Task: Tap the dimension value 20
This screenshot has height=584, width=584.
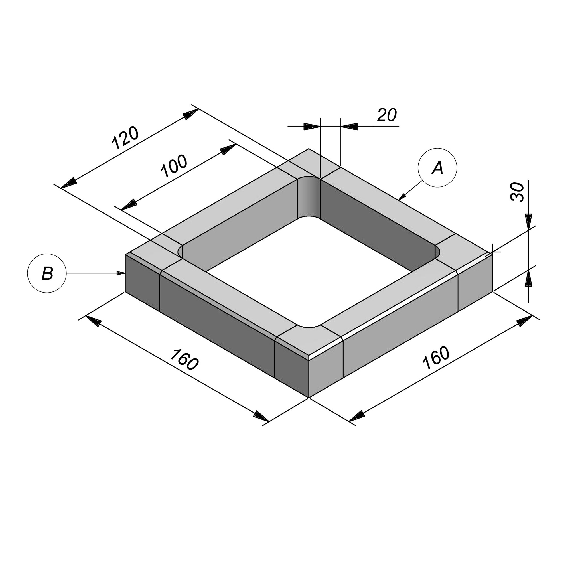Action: (387, 115)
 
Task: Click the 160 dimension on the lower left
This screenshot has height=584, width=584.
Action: (184, 359)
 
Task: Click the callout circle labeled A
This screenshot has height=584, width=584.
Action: (437, 168)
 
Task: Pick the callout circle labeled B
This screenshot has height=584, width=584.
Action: (47, 273)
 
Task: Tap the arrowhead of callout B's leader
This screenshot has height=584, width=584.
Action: (121, 273)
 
